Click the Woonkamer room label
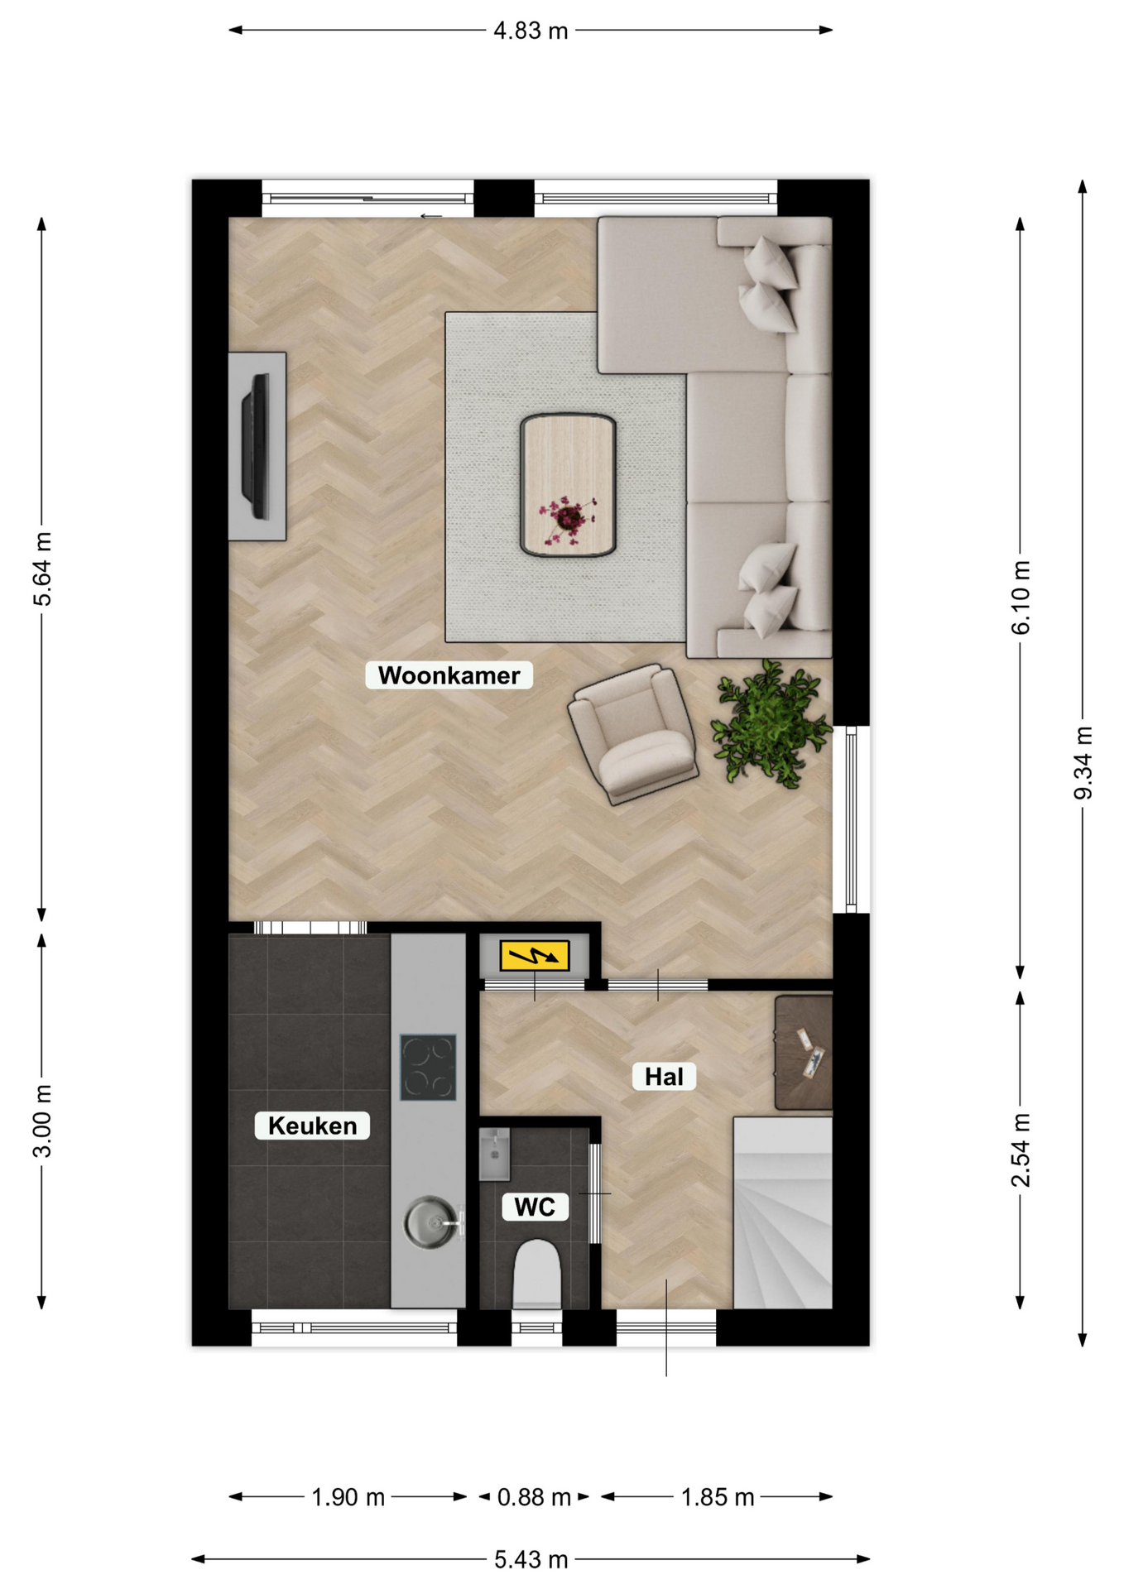449,675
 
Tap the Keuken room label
312,1126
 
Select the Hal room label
664,1077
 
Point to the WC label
535,1207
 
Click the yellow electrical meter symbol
535,956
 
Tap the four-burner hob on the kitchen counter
428,1068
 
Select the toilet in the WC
536,1274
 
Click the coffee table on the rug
568,485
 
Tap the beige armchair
633,733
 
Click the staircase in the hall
782,1213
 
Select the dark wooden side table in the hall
803,1053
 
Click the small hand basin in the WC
494,1155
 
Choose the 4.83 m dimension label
531,31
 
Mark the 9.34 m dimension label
1083,763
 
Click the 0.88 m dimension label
534,1497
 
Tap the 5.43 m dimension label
531,1560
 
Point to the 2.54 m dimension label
1021,1150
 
